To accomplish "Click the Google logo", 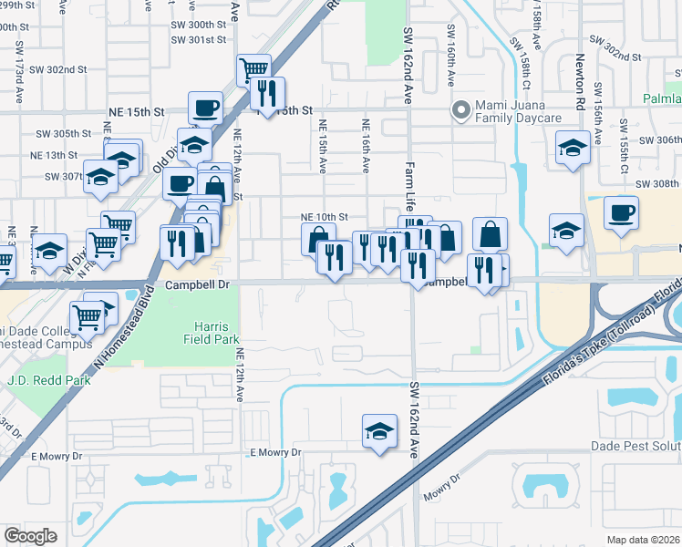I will pyautogui.click(x=30, y=535).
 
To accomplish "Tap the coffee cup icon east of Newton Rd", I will pyautogui.click(x=620, y=213).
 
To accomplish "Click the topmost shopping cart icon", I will pyautogui.click(x=253, y=68).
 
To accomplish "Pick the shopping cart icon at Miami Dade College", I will pyautogui.click(x=88, y=316).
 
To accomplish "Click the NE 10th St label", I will pyautogui.click(x=325, y=217).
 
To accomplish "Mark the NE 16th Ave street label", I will pyautogui.click(x=366, y=146).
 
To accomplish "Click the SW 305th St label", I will pyautogui.click(x=64, y=133).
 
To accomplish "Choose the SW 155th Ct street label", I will pyautogui.click(x=624, y=145).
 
